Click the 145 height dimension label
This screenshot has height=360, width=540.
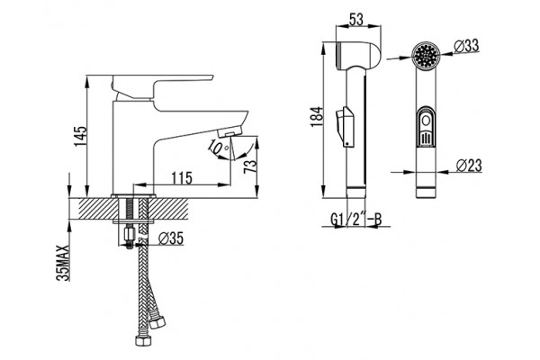[x=81, y=137]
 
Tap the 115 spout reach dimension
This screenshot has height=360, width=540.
[x=182, y=178]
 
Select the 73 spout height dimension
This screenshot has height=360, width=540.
[x=250, y=166]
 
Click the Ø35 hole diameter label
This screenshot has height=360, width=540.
[x=171, y=238]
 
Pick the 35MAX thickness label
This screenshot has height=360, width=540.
[x=63, y=263]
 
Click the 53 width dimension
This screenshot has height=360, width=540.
[x=356, y=20]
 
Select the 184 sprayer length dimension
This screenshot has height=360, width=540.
[x=317, y=116]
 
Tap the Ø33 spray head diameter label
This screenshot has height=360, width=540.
[x=466, y=46]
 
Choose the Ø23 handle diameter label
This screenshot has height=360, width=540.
[x=469, y=166]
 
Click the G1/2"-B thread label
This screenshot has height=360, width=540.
[x=356, y=219]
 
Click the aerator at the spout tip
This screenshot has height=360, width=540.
[x=230, y=130]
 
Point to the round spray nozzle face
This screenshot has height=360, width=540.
[x=426, y=56]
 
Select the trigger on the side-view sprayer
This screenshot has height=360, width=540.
[x=345, y=127]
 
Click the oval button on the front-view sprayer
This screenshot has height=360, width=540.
[x=426, y=127]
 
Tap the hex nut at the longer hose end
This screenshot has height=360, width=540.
[x=142, y=341]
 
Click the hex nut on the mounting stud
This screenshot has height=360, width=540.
[x=129, y=236]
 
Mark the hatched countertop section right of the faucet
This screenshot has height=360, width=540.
[x=169, y=209]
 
